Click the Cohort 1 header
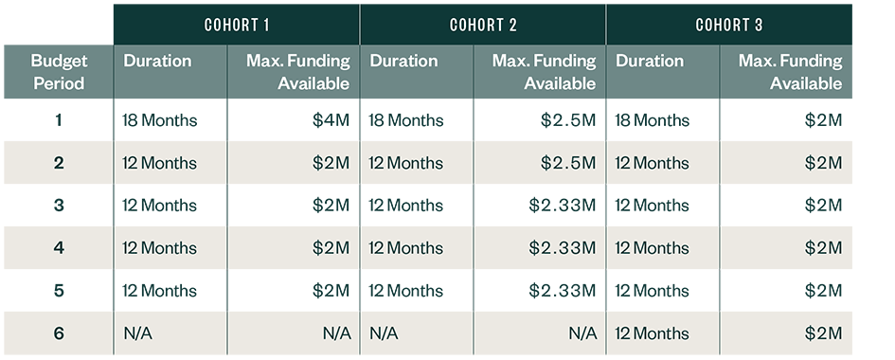coord(237,24)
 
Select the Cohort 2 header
coord(483,24)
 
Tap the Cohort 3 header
coord(729,24)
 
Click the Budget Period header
coord(59,72)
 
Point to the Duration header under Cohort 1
coord(157,62)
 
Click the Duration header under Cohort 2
coord(403,62)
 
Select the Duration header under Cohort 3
coord(650,62)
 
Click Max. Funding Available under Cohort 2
coord(544,72)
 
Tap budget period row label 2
coord(59,163)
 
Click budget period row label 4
coord(59,248)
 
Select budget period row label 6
coord(59,333)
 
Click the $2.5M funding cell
coord(568,163)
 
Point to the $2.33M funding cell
coord(563,248)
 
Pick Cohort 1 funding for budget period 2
coord(331,163)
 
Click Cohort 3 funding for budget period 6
coord(823,333)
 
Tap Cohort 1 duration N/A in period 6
coord(135,333)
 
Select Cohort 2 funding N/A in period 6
coord(582,333)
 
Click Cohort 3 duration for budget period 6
coord(652,333)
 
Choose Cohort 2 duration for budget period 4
coord(405,248)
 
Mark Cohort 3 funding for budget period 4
coord(823,248)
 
